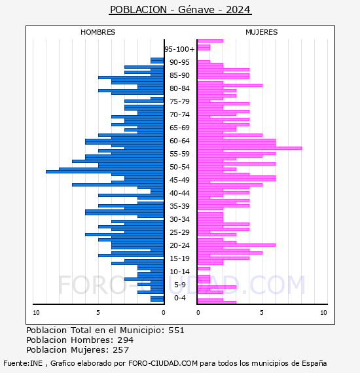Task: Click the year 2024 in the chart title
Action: [x=238, y=10]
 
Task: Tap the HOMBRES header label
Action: [x=98, y=32]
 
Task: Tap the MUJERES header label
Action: [x=262, y=32]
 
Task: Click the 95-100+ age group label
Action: [x=179, y=49]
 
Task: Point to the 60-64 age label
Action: [x=179, y=141]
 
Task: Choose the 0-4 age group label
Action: [x=179, y=298]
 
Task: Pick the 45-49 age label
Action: [x=179, y=180]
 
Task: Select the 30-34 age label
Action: [x=179, y=219]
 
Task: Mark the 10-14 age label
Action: [x=179, y=272]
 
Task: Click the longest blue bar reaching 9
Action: [x=105, y=171]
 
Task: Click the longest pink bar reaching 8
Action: [x=249, y=148]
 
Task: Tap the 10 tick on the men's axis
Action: [x=36, y=313]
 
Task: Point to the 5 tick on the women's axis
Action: [x=262, y=313]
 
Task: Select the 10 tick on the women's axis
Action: [x=323, y=313]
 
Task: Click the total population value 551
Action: [x=176, y=330]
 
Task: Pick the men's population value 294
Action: [x=126, y=340]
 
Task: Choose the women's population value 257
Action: [x=121, y=349]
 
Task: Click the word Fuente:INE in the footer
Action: [x=23, y=363]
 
